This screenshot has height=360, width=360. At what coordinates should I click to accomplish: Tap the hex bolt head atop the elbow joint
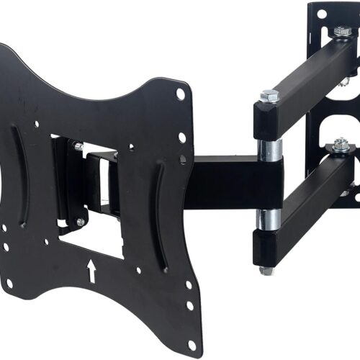click(x=270, y=95)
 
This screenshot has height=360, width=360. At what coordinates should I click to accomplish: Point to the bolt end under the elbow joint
click(x=267, y=270)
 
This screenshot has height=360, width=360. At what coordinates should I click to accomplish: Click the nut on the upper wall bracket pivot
click(x=341, y=32)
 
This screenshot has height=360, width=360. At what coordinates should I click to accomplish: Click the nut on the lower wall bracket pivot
click(x=341, y=145)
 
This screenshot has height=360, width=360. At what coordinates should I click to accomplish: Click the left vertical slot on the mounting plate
click(x=17, y=174)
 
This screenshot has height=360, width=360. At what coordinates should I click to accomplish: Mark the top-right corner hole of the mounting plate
click(x=180, y=94)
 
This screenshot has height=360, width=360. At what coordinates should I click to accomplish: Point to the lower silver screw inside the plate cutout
click(x=80, y=222)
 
